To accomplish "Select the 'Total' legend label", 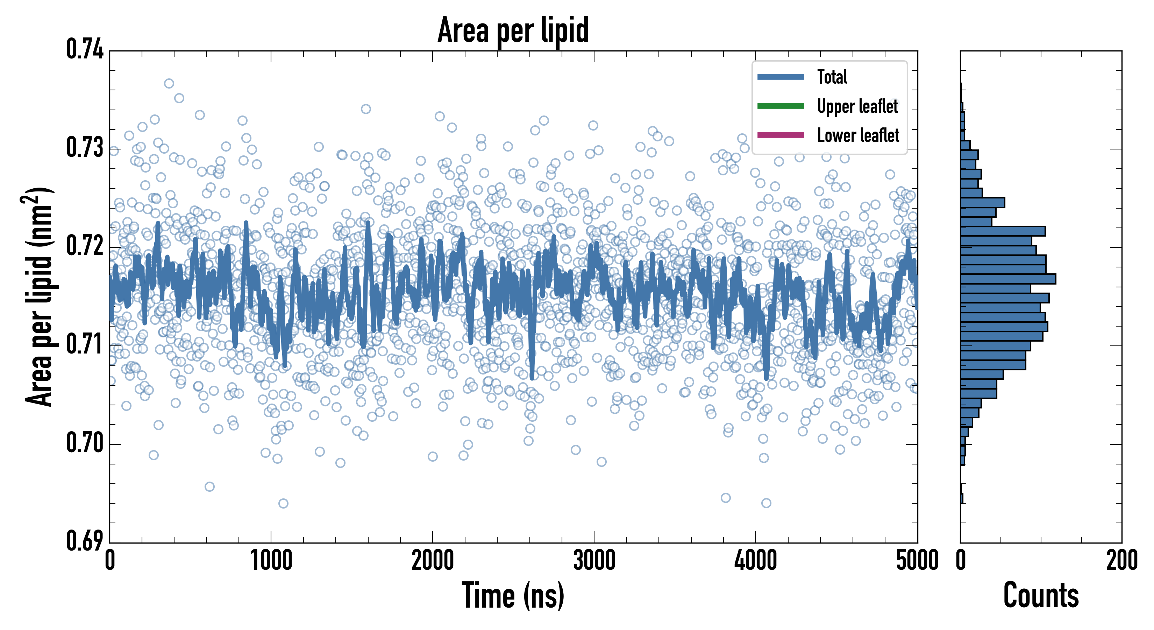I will pos(832,77).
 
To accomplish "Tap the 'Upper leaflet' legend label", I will pos(857,106).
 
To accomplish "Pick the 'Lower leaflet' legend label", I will pos(858,135).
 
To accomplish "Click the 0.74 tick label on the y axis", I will pos(85,49).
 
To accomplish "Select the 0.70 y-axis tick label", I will pos(85,443).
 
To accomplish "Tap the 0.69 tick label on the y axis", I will pos(85,541).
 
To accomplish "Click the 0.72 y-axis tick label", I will pos(85,246).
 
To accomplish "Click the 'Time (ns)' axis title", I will pos(513,595).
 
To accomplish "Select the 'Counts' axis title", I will pos(1041,595).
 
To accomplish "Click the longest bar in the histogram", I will pos(1008,279).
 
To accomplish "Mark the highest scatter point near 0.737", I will pos(169,83).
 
